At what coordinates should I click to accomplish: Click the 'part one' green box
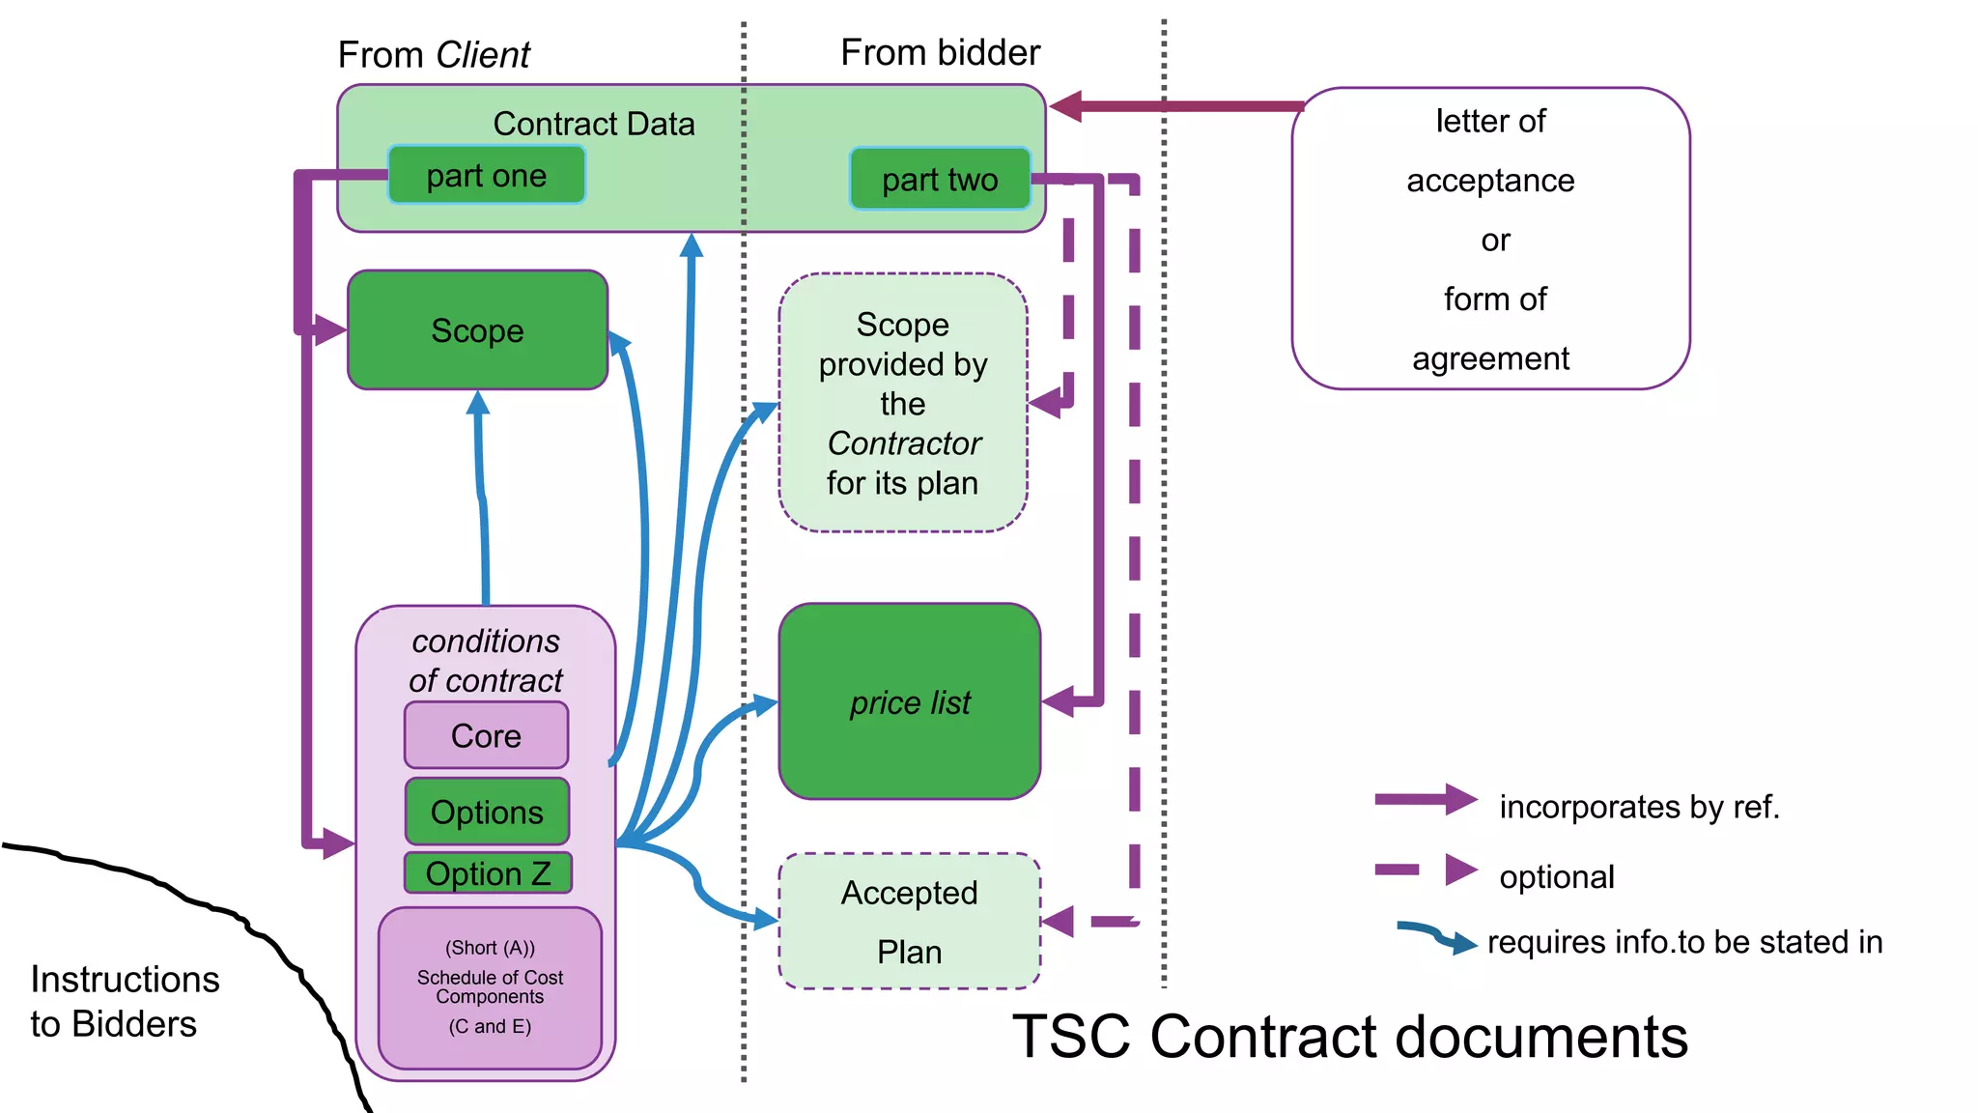[486, 175]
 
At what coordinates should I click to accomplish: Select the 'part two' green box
[939, 179]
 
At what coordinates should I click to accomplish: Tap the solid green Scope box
[477, 330]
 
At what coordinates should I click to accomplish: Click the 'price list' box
[909, 702]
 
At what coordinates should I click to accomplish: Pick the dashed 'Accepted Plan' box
[909, 921]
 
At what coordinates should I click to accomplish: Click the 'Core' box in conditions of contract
[486, 736]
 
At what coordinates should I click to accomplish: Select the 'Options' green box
[487, 812]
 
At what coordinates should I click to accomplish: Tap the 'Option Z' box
[488, 873]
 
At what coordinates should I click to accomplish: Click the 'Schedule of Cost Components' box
[490, 987]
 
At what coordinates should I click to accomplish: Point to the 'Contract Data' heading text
[593, 124]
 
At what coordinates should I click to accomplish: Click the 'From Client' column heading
[434, 55]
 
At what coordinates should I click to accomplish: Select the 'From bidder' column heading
[940, 52]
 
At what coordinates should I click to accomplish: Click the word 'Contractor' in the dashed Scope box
[904, 443]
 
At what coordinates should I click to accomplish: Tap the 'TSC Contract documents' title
[1349, 1037]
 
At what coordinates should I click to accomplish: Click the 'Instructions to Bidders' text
[125, 1001]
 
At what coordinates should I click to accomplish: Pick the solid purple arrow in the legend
[1425, 800]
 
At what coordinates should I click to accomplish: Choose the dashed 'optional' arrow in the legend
[1426, 870]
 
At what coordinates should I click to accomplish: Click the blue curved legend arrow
[1436, 936]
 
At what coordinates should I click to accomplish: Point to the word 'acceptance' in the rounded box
[1490, 181]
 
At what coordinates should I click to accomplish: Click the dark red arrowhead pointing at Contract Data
[1066, 106]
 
